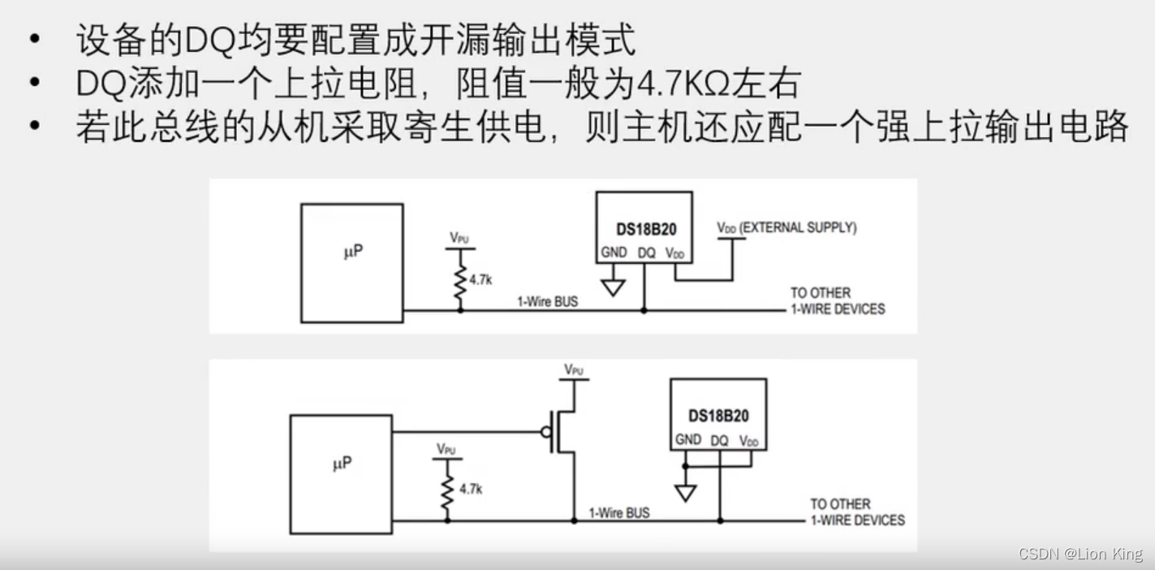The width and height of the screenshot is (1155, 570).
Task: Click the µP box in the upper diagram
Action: click(351, 262)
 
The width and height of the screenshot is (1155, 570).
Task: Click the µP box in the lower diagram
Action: click(341, 474)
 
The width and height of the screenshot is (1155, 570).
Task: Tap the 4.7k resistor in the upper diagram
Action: click(460, 279)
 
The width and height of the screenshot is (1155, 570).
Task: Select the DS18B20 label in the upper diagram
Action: click(645, 230)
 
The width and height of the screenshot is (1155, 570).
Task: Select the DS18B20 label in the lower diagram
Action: click(718, 416)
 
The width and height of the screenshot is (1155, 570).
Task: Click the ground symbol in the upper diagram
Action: click(614, 287)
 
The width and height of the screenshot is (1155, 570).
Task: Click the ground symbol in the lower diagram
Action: click(686, 492)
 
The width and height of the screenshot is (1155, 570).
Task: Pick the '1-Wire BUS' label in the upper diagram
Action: click(549, 302)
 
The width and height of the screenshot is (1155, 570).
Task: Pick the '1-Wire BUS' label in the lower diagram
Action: click(619, 512)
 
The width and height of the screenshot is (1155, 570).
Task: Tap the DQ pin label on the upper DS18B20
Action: click(646, 253)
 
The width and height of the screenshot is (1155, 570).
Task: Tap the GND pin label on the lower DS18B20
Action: click(687, 439)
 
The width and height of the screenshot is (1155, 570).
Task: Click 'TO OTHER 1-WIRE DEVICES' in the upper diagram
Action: click(837, 300)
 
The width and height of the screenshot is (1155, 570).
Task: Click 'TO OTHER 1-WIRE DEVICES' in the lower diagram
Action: click(856, 512)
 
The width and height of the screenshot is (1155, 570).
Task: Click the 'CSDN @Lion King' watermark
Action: click(1080, 554)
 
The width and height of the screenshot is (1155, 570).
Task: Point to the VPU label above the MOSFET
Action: click(574, 369)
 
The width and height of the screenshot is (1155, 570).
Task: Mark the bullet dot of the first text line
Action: click(33, 41)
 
